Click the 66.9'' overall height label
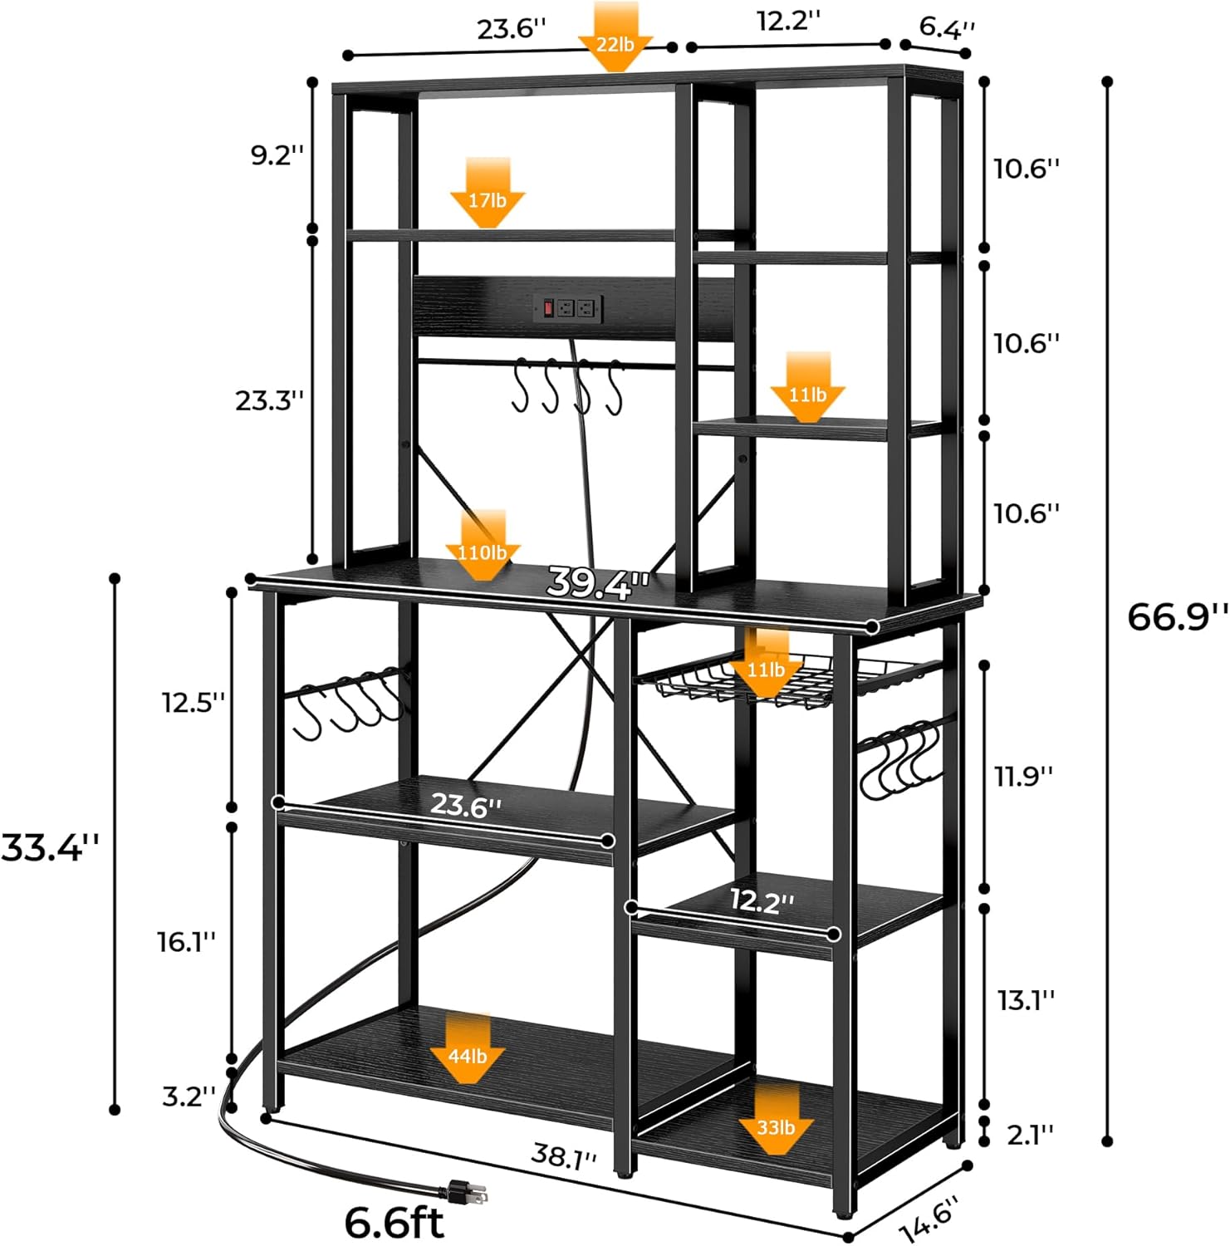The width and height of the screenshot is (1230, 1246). [1176, 616]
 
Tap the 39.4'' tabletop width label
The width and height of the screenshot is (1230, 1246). [597, 582]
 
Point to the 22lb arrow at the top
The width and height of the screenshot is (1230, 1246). [615, 38]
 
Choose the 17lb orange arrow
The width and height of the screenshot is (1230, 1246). [488, 194]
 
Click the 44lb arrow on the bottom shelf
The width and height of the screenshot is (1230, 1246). [468, 1049]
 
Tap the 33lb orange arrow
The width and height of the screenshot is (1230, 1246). [776, 1120]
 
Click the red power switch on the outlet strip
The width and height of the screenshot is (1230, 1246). [548, 309]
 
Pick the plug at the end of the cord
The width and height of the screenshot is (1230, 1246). [465, 1193]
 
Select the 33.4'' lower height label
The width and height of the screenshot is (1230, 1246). [50, 847]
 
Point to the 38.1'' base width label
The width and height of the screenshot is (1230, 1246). [564, 1156]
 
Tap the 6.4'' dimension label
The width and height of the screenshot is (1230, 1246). [947, 27]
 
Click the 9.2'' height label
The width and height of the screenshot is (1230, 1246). [277, 155]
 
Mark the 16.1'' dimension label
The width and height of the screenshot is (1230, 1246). [187, 942]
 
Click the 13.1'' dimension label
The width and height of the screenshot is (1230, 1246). [1026, 1000]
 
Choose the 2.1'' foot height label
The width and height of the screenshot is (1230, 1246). [1030, 1134]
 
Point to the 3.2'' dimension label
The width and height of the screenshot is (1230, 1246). [189, 1096]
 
